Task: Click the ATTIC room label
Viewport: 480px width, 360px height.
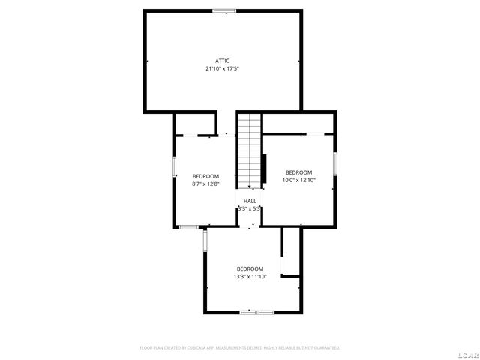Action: point(222,60)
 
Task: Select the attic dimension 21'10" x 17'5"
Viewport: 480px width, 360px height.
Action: point(222,68)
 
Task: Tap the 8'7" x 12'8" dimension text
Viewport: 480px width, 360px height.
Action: point(205,184)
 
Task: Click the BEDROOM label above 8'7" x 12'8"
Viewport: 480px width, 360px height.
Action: point(205,176)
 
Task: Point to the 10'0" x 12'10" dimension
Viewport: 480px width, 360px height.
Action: point(299,180)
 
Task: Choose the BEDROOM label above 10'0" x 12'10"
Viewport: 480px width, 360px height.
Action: point(299,172)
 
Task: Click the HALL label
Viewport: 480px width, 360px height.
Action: point(250,201)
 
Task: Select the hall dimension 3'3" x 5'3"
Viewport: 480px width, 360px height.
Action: point(249,209)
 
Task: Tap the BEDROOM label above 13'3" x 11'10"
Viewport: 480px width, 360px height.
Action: point(250,268)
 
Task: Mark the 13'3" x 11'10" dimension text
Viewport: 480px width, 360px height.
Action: point(250,277)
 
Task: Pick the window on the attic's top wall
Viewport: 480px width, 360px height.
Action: point(223,10)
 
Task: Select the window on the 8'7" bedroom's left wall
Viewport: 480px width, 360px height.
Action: point(175,166)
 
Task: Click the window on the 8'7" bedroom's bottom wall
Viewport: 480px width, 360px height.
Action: point(188,226)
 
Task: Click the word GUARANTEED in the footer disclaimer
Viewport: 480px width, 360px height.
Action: point(324,348)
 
